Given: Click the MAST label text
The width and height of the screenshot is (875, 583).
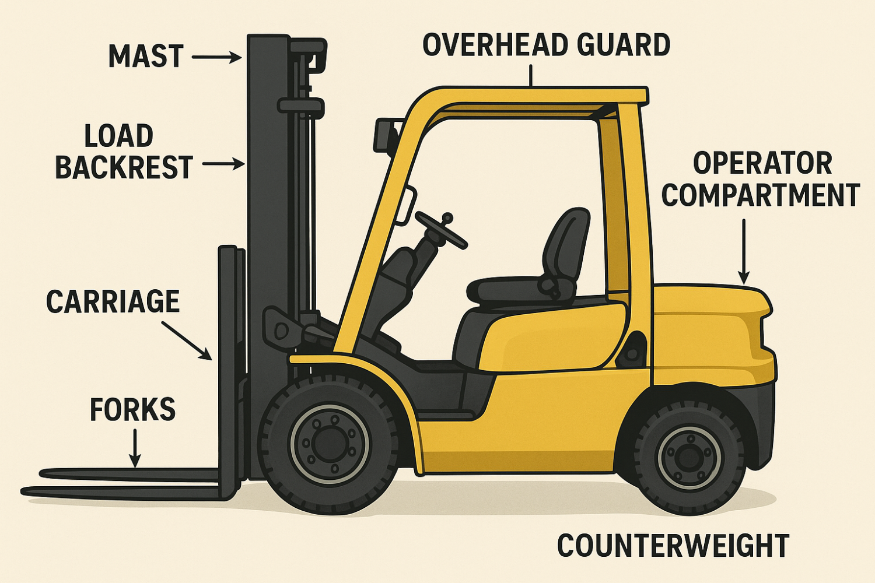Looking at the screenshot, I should point(146,57).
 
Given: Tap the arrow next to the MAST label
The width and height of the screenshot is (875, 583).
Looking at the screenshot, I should point(216,57).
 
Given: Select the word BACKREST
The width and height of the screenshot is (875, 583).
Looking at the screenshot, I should point(124,167).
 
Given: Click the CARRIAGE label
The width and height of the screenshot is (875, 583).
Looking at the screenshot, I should point(113,301).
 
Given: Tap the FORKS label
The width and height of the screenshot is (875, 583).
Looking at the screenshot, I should point(132,410).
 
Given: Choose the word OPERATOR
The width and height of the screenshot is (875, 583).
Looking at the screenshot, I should point(762,164).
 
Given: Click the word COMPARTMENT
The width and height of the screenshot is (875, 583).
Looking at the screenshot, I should point(761,195).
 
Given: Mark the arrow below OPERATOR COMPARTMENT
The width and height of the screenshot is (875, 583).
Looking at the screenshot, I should point(744,251).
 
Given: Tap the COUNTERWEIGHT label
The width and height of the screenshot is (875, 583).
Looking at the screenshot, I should point(673,546).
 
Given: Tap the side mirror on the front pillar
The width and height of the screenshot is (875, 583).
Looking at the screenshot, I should point(407,205).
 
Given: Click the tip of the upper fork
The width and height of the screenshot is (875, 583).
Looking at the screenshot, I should point(44,472).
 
